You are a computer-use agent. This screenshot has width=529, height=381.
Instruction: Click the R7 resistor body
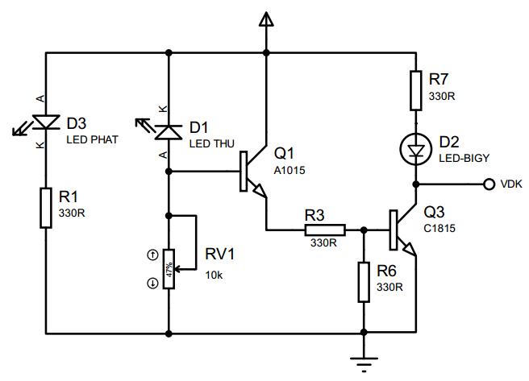(415, 90)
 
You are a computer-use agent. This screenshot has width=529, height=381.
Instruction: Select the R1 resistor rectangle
(46, 208)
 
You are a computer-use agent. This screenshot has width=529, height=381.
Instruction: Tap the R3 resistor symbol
(325, 230)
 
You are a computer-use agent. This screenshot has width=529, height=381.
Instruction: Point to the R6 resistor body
(364, 282)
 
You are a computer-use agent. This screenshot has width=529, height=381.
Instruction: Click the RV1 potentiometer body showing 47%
(169, 269)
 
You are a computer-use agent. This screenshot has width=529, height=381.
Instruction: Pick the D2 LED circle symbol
(415, 148)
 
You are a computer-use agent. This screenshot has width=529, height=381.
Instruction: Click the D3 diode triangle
(46, 122)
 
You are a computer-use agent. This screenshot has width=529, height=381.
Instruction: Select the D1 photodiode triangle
(169, 132)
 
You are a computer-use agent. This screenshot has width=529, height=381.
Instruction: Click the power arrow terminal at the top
(266, 19)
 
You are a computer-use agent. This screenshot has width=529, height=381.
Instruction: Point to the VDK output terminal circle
(489, 184)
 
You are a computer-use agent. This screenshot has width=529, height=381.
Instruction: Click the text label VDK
(511, 184)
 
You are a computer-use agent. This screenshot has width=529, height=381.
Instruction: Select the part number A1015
(289, 171)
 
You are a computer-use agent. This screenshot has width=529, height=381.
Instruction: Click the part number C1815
(439, 229)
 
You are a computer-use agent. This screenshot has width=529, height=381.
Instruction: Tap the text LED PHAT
(93, 139)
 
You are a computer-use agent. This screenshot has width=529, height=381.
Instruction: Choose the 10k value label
(214, 275)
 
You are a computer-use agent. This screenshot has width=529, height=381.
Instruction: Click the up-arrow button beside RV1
(153, 255)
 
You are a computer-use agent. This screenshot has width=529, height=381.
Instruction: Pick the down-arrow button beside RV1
(153, 284)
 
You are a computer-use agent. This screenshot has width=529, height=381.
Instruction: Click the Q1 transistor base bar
(244, 172)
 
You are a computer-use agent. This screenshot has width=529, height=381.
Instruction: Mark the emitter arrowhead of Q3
(409, 249)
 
